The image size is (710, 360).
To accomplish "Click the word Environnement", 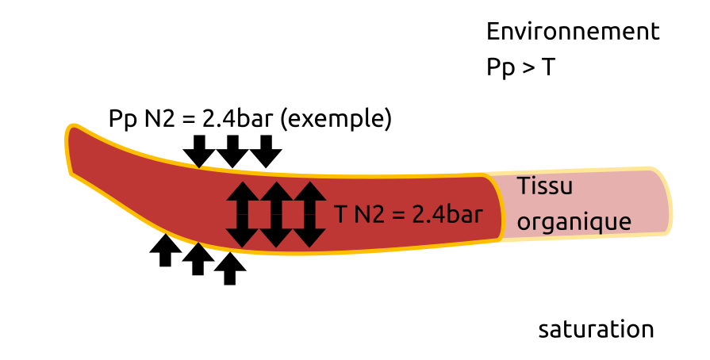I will point(573,32).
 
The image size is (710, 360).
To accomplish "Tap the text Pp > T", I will point(520,67).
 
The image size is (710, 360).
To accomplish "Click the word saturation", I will point(596,329).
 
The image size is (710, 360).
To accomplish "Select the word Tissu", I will point(544,187).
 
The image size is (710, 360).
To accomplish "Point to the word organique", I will point(574,221).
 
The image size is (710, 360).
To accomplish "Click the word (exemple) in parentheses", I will point(337,119).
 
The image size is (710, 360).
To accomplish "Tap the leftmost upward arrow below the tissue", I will point(165,251).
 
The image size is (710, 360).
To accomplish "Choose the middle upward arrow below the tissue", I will point(198,259).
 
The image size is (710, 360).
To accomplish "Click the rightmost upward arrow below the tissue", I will point(230,268).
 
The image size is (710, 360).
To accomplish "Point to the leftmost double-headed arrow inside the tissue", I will point(242,214).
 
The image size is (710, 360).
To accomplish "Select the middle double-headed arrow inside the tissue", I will point(276,214).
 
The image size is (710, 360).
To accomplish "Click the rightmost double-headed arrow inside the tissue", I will point(310,214).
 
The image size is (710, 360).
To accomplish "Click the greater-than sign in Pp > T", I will point(528,69).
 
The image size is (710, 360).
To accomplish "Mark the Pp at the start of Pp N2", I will point(122,120).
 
